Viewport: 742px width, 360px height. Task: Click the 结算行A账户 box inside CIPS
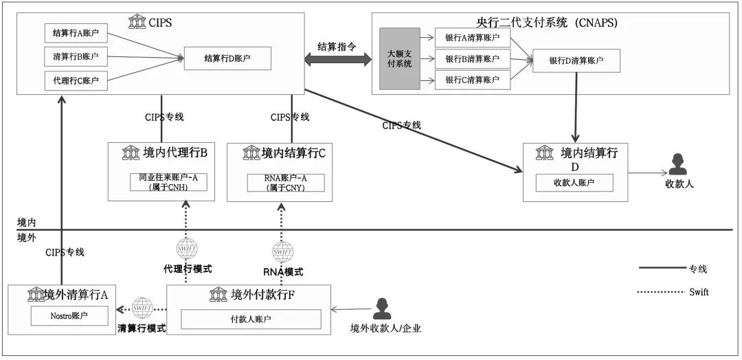76,33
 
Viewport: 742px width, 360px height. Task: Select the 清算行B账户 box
76,57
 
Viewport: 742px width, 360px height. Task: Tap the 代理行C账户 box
76,80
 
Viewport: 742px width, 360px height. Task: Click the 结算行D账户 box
227,58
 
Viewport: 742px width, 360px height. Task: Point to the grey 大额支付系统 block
399,58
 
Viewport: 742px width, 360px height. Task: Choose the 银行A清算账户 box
472,38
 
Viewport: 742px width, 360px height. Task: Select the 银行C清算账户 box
472,80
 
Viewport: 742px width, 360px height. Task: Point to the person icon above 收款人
677,164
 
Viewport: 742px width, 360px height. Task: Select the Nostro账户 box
69,317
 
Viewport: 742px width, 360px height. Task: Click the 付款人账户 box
251,319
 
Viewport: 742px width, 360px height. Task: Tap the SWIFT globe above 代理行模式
187,248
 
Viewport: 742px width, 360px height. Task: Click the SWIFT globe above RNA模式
283,252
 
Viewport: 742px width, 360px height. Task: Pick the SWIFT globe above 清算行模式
142,306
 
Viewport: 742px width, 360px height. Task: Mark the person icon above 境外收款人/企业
381,308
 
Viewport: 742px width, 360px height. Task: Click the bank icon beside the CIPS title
137,22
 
